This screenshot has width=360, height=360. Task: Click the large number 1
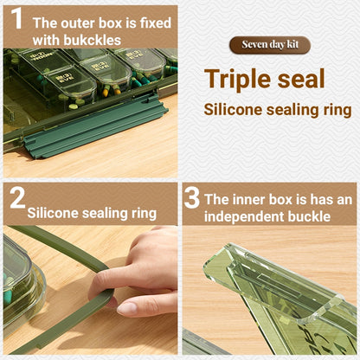click(x=16, y=18)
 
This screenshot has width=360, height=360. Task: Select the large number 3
click(x=192, y=197)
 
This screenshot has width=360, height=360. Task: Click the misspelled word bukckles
click(x=93, y=40)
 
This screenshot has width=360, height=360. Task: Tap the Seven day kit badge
click(x=270, y=45)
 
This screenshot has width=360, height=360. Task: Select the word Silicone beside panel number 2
click(x=53, y=213)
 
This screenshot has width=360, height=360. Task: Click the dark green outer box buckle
click(x=95, y=127)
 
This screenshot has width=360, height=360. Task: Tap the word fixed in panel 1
click(x=156, y=23)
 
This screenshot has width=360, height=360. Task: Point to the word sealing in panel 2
click(x=106, y=214)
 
